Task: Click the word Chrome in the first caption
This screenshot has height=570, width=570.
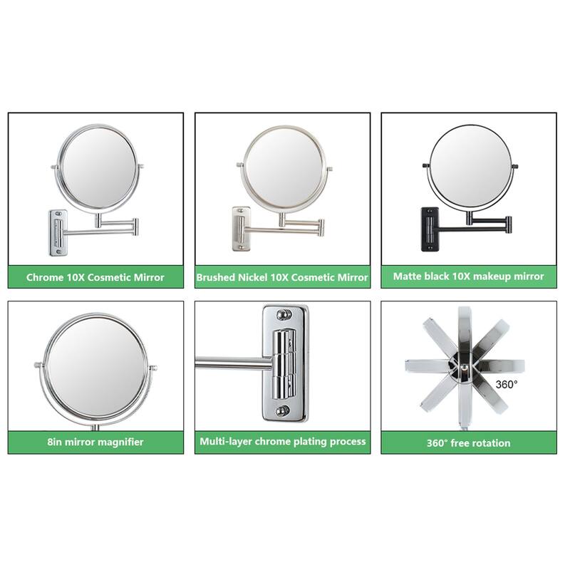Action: click(x=45, y=277)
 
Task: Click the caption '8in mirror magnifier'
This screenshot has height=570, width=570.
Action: click(x=95, y=442)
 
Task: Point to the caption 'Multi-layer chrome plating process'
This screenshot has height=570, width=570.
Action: click(x=282, y=442)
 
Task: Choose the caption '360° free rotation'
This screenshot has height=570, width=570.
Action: click(x=468, y=442)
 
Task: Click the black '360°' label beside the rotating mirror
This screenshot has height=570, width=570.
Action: click(x=507, y=384)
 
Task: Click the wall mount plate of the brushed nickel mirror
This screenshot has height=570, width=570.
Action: click(x=242, y=228)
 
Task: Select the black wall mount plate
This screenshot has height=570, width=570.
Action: click(x=430, y=229)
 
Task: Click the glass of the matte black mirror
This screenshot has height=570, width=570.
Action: click(x=470, y=164)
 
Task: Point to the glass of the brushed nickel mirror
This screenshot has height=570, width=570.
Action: click(x=284, y=167)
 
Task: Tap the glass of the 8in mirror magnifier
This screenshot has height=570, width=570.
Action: click(x=97, y=366)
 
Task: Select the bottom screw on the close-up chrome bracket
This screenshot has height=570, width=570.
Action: click(x=284, y=410)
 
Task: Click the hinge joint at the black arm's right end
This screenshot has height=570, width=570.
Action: click(x=507, y=224)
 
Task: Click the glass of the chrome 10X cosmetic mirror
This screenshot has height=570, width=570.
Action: click(x=98, y=168)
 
